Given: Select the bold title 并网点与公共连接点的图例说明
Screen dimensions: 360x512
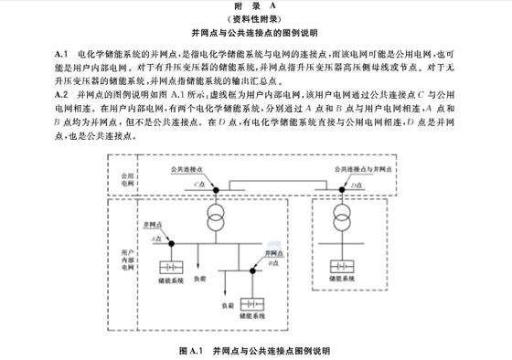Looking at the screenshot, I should tap(255, 32).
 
